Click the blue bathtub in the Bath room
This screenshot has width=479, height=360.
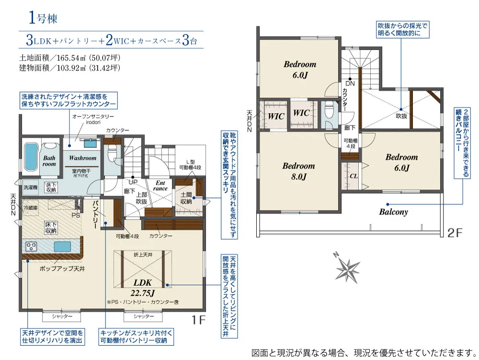pyautogui.click(x=31, y=157)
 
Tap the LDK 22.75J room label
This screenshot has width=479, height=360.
pyautogui.click(x=142, y=288)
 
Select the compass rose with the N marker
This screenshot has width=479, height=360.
pyautogui.click(x=347, y=268)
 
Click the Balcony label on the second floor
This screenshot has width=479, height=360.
pyautogui.click(x=393, y=212)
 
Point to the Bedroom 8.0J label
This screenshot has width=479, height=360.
pyautogui.click(x=298, y=171)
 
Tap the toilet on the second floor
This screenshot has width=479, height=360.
pyautogui.click(x=329, y=110)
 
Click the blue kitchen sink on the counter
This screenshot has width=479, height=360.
pyautogui.click(x=63, y=246)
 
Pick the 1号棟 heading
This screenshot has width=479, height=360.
pyautogui.click(x=43, y=18)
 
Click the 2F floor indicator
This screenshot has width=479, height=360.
pyautogui.click(x=455, y=233)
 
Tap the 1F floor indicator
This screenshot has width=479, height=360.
pyautogui.click(x=198, y=320)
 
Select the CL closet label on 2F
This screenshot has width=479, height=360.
pyautogui.click(x=354, y=176)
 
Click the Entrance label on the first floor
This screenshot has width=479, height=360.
pyautogui.click(x=160, y=186)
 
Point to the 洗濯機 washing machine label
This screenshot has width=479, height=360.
pyautogui.click(x=31, y=187)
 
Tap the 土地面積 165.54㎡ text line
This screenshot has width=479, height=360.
pyautogui.click(x=69, y=58)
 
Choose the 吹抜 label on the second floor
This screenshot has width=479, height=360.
pyautogui.click(x=401, y=116)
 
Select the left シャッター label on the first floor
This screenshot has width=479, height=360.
pyautogui.click(x=62, y=316)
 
